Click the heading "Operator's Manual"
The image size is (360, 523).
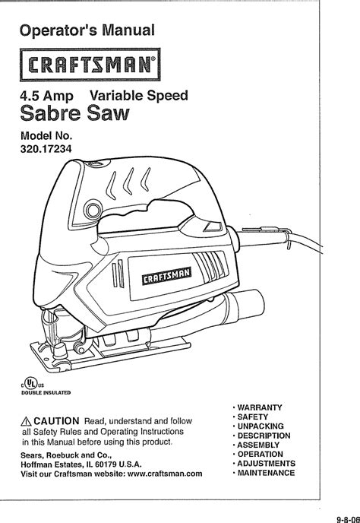coord(87,30)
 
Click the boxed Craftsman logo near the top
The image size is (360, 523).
coord(90,65)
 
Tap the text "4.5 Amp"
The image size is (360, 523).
coord(46,97)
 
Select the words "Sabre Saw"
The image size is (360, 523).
coord(74,113)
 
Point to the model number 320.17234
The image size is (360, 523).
coord(46,149)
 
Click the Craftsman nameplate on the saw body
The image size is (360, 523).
coord(166,276)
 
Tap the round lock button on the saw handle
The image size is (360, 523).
coord(93,210)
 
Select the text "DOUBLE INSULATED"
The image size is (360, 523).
coord(46,392)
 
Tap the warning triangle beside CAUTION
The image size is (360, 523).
coord(26,422)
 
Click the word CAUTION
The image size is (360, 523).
coord(56,421)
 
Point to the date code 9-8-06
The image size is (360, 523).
coord(349,519)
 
